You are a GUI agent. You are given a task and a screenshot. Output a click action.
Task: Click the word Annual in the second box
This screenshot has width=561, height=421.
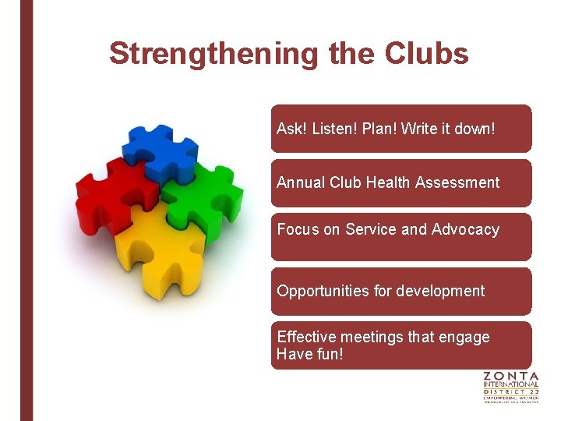click(x=301, y=182)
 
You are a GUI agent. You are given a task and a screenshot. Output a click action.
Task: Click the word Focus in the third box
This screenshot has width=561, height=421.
click(x=297, y=229)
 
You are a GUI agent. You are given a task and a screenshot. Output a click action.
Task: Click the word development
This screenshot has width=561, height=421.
click(x=440, y=291)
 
